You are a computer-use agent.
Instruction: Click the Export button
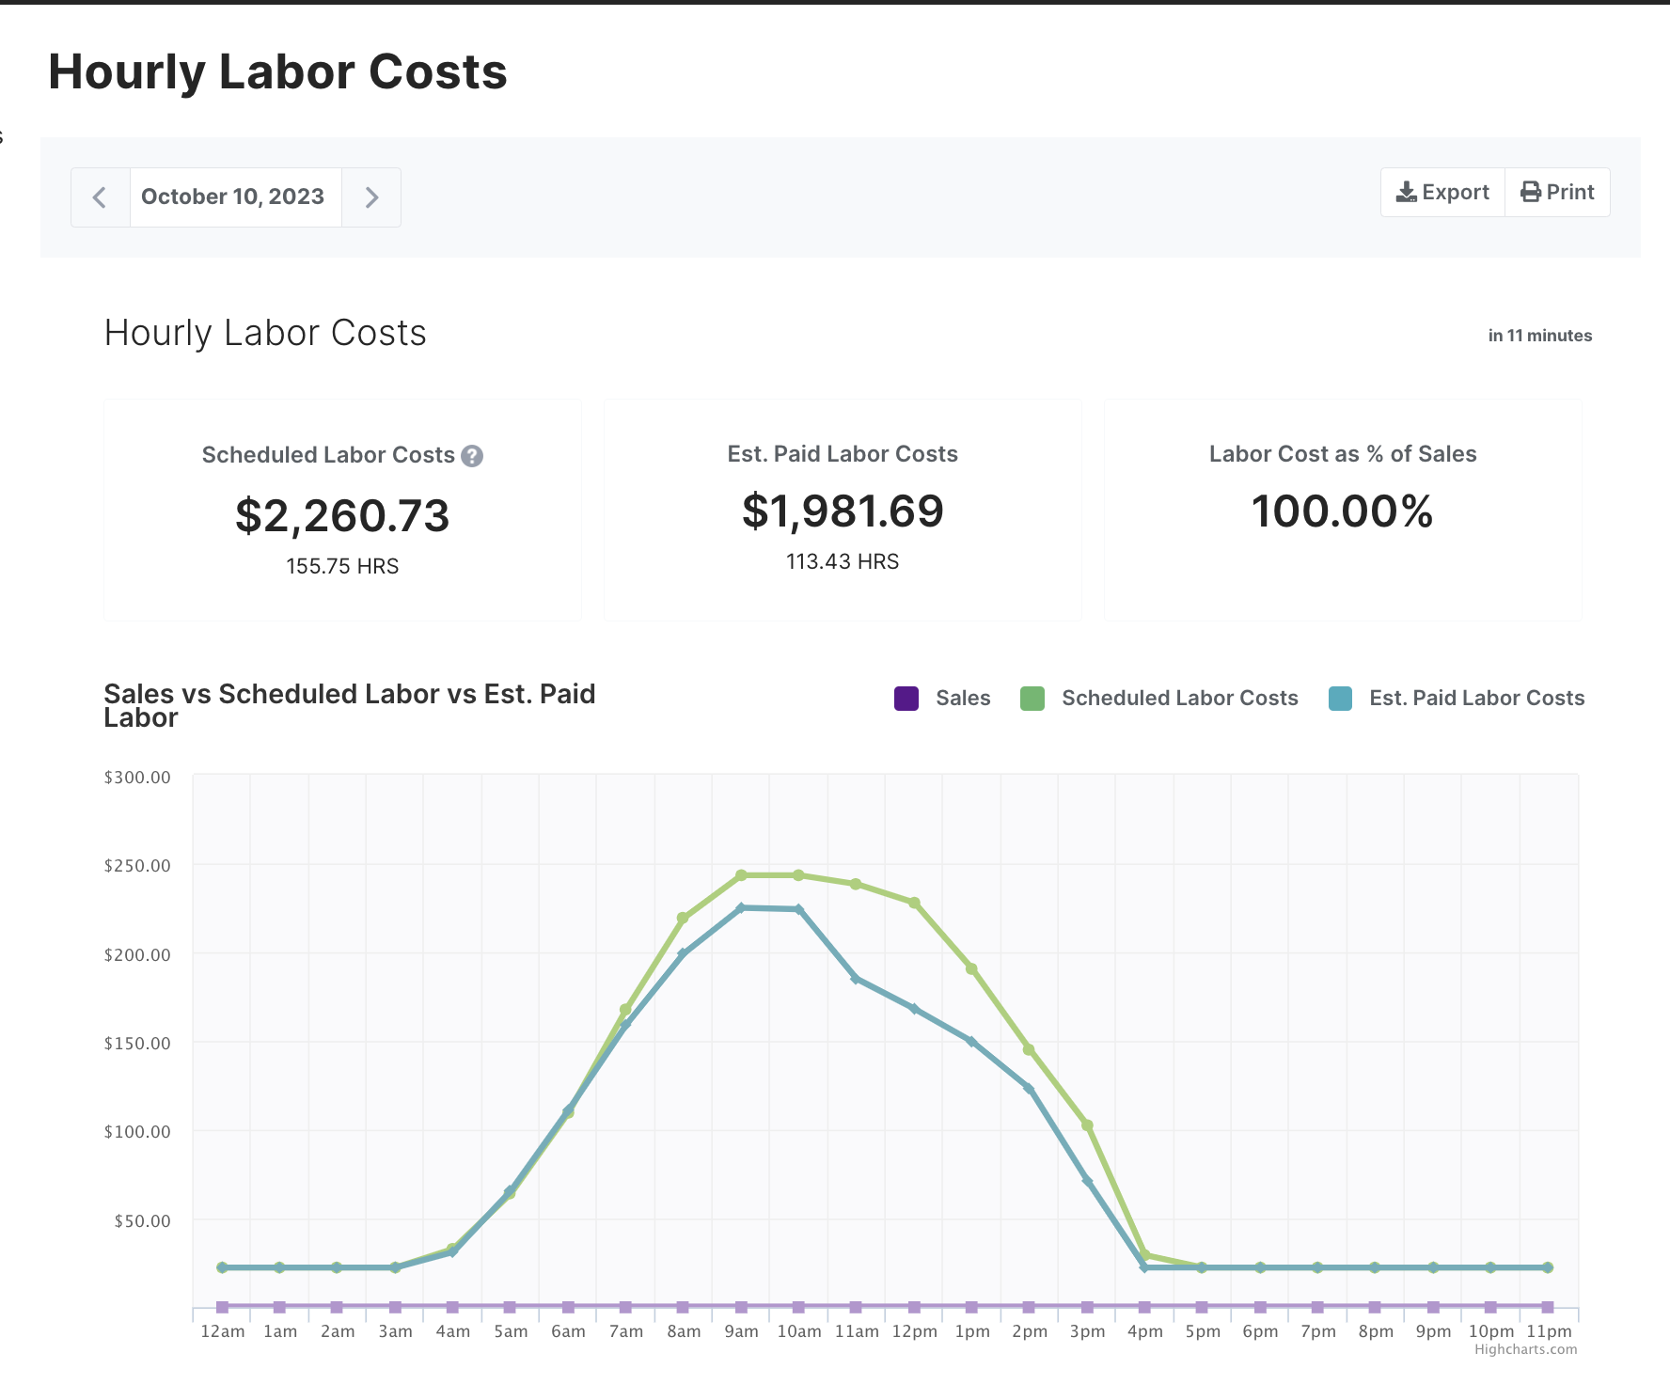point(1442,193)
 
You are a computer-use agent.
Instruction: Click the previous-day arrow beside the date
point(100,197)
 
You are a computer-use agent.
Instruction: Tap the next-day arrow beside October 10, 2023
point(371,197)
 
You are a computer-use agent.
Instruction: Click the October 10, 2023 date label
point(233,197)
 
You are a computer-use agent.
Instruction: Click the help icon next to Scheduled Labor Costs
point(472,456)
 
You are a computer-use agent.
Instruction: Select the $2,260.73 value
point(342,516)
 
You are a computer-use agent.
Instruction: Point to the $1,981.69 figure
point(843,511)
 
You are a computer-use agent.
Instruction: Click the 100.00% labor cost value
point(1342,511)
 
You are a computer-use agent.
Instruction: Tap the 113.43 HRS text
point(843,562)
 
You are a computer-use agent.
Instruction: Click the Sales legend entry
point(943,699)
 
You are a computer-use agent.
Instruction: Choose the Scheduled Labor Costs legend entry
point(1160,699)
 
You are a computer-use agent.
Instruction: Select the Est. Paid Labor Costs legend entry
point(1457,699)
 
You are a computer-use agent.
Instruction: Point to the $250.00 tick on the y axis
point(137,866)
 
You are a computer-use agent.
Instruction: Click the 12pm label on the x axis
point(914,1331)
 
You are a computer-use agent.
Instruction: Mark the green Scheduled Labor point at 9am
point(741,875)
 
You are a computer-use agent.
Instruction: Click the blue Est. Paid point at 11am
point(856,979)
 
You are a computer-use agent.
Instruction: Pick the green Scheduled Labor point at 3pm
point(1087,1125)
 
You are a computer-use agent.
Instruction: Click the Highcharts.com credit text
point(1525,1350)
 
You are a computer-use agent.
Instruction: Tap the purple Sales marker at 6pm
point(1260,1307)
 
